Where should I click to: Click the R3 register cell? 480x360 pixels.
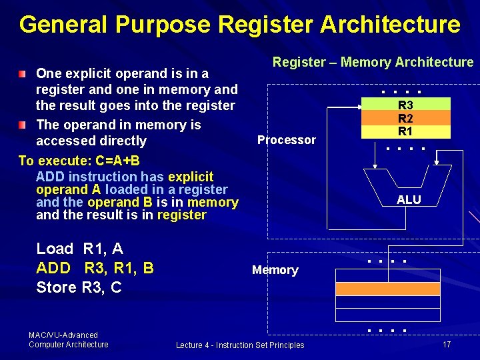405,105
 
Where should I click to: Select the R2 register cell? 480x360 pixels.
405,119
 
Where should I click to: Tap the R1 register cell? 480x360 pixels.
405,131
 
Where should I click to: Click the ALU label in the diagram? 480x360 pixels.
409,200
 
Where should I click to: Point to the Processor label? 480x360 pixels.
287,140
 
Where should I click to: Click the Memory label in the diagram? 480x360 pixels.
275,270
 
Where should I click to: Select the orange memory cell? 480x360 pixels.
387,289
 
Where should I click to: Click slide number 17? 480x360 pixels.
447,344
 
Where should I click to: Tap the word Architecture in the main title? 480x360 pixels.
390,25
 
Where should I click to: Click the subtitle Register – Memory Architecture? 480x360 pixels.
373,62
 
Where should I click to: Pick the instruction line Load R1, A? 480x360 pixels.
79,249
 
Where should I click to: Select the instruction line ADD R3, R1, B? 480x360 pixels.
95,268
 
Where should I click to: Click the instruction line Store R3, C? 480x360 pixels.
79,287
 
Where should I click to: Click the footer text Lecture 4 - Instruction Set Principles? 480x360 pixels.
240,345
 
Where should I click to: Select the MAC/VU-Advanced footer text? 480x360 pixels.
63,335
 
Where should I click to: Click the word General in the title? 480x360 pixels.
63,25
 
